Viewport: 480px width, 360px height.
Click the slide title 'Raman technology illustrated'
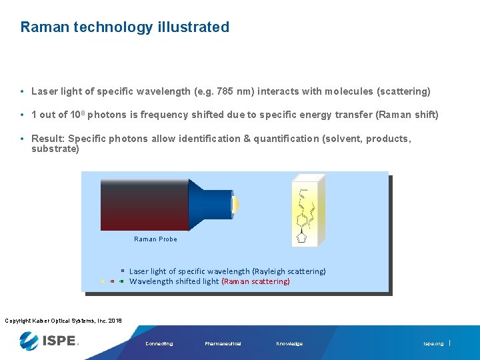pyautogui.click(x=125, y=27)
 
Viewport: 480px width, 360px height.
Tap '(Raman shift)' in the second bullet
pyautogui.click(x=407, y=115)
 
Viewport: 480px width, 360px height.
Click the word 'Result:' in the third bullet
pyautogui.click(x=48, y=139)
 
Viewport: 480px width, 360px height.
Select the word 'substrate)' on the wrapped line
pyautogui.click(x=55, y=149)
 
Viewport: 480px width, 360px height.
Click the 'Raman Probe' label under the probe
pyautogui.click(x=155, y=239)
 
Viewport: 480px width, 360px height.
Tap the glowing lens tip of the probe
pyautogui.click(x=235, y=205)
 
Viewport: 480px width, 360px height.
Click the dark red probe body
pyautogui.click(x=144, y=205)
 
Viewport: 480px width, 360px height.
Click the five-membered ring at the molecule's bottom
pyautogui.click(x=302, y=237)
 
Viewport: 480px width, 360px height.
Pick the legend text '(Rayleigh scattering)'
pyautogui.click(x=289, y=271)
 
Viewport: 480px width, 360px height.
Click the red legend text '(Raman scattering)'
pyautogui.click(x=256, y=281)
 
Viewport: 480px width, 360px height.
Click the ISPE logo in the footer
pyautogui.click(x=50, y=341)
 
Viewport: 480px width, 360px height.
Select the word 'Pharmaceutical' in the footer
pyautogui.click(x=223, y=344)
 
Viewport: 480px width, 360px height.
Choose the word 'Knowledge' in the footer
pyautogui.click(x=289, y=344)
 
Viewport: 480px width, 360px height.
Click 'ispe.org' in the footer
pyautogui.click(x=433, y=344)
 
